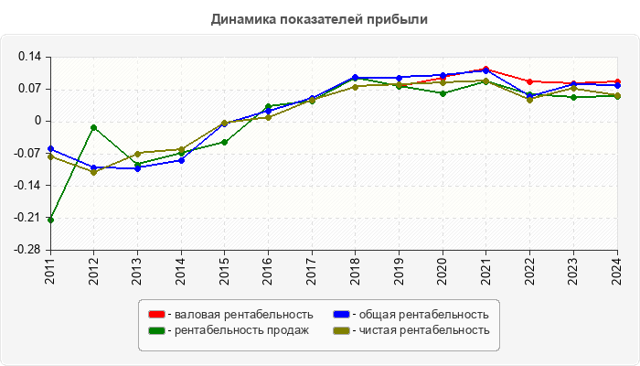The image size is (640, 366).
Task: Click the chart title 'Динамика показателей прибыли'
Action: [319, 18]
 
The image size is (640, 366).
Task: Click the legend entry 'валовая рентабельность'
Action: [243, 315]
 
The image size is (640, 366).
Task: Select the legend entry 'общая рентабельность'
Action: [421, 315]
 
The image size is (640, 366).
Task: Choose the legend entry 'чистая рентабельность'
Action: [423, 329]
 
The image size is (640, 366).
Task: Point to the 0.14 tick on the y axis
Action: [31, 57]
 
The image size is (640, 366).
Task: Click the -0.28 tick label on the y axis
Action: [29, 250]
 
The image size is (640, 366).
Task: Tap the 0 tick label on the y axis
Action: [38, 121]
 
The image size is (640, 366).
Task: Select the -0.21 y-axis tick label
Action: [29, 218]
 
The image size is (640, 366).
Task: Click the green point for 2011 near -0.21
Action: [50, 220]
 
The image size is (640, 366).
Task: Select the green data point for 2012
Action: [94, 127]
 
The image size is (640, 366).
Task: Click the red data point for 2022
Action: [529, 81]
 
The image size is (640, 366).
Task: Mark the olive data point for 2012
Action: [94, 172]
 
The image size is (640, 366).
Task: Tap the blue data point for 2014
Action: [181, 160]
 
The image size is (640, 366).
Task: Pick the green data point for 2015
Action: [225, 142]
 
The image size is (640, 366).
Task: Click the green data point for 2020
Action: [443, 93]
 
